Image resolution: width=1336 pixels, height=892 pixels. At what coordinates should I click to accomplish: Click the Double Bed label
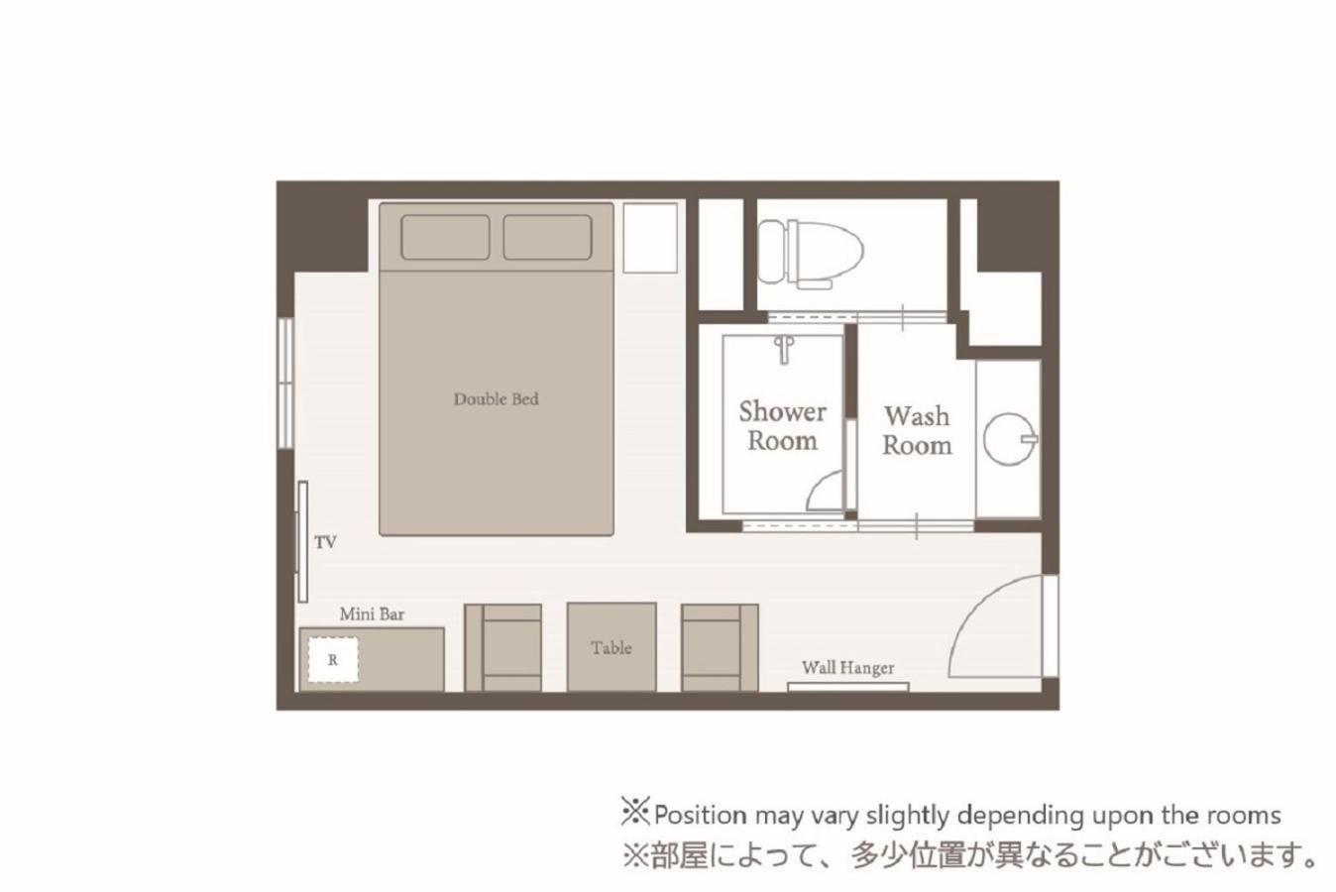click(497, 398)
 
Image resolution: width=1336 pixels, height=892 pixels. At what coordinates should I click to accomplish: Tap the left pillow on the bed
click(446, 237)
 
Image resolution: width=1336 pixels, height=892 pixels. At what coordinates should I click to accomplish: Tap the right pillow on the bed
click(547, 237)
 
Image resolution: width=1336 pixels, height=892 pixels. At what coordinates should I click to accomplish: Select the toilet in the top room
click(811, 254)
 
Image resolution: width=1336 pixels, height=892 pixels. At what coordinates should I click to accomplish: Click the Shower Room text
click(783, 426)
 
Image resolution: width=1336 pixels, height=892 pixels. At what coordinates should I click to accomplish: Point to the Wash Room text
click(917, 430)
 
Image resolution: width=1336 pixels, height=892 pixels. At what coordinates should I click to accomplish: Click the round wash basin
click(1010, 439)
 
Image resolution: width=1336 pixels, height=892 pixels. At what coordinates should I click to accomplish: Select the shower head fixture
click(784, 350)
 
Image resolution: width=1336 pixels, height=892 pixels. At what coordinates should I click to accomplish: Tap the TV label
click(326, 542)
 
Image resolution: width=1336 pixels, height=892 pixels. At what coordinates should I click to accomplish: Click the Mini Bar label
click(372, 614)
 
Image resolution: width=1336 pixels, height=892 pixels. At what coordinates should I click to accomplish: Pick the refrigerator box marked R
click(333, 659)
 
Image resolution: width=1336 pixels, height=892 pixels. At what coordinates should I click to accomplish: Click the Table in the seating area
click(612, 647)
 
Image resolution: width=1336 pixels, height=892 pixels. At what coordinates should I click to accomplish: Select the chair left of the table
click(503, 648)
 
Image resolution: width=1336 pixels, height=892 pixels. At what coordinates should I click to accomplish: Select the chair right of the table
click(720, 648)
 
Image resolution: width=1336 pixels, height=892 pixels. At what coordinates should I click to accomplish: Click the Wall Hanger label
click(847, 668)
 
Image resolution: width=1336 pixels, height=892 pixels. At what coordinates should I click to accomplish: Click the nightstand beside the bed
click(650, 239)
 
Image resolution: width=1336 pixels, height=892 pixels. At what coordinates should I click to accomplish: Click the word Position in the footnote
click(700, 815)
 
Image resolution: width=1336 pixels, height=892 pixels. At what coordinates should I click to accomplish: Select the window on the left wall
click(285, 383)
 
